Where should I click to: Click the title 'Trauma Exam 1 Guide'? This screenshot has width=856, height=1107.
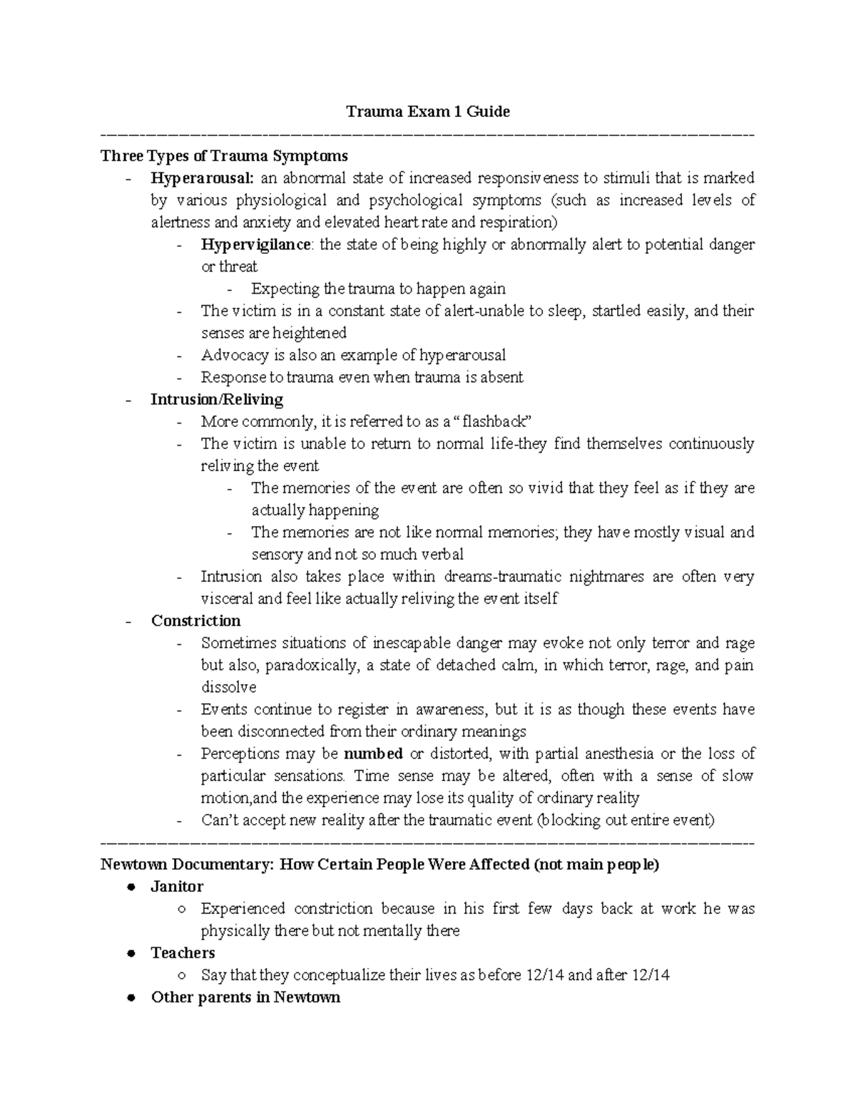427,111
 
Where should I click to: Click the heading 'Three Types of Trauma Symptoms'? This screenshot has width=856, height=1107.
224,155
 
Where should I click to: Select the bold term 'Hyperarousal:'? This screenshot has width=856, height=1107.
202,177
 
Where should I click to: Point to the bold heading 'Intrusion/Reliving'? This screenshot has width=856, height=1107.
217,399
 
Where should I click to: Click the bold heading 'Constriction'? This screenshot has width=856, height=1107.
195,621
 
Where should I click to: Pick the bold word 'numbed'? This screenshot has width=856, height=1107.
373,753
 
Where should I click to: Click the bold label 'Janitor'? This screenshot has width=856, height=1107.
177,887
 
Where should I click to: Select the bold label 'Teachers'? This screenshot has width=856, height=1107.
183,953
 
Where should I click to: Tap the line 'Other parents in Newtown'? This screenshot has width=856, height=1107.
245,997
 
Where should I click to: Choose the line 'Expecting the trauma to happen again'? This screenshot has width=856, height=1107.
378,289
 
